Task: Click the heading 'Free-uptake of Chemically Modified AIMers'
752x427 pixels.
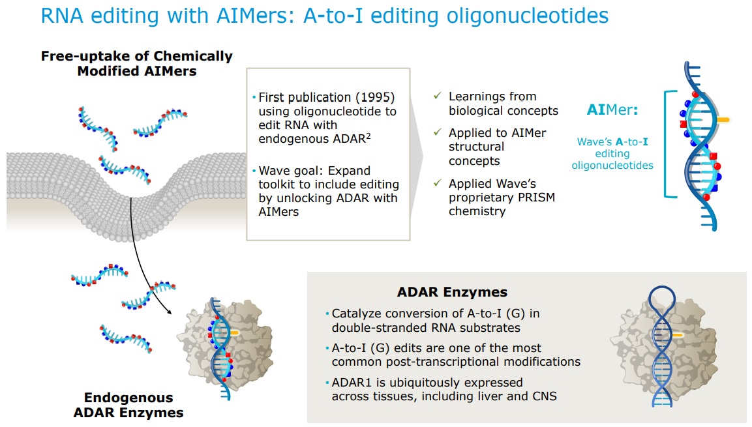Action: [136, 63]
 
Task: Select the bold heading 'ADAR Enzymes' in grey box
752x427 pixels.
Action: [452, 291]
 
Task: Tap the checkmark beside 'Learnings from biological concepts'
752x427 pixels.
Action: [438, 96]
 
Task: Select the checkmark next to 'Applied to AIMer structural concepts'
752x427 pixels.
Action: [438, 132]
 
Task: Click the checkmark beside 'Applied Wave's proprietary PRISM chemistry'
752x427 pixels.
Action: [438, 183]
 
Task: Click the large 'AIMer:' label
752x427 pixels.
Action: [612, 110]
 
